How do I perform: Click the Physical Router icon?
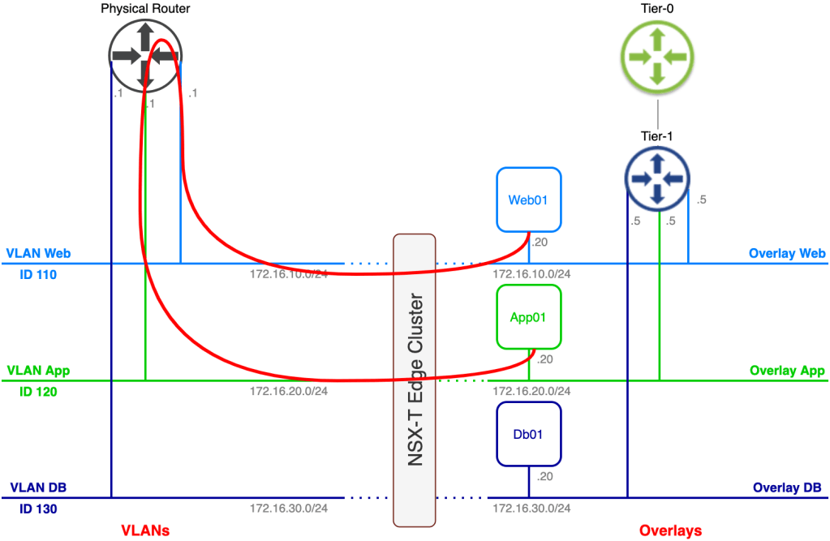point(145,55)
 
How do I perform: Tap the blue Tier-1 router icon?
point(657,178)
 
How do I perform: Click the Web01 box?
point(527,200)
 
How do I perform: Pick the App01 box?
point(528,316)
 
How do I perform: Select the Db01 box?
point(527,434)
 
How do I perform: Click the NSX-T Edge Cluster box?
point(414,380)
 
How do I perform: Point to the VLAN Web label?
point(38,253)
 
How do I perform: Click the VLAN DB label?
point(38,487)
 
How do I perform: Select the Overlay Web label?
point(787,253)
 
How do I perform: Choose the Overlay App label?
point(788,371)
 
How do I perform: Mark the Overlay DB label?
point(789,487)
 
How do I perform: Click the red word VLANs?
point(145,530)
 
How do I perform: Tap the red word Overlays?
point(669,530)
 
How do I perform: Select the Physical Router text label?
point(146,8)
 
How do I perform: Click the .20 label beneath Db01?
point(544,476)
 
